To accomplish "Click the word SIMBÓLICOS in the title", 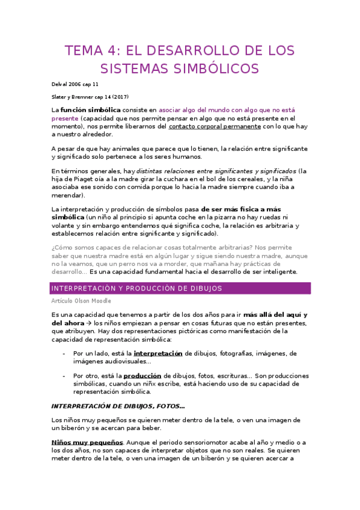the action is coord(216,69).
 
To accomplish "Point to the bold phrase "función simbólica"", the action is coord(87,110).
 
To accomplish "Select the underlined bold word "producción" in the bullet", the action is coord(143,375).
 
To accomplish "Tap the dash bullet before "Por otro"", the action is coord(64,375).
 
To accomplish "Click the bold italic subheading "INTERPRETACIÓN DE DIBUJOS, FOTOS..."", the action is coord(118,405).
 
